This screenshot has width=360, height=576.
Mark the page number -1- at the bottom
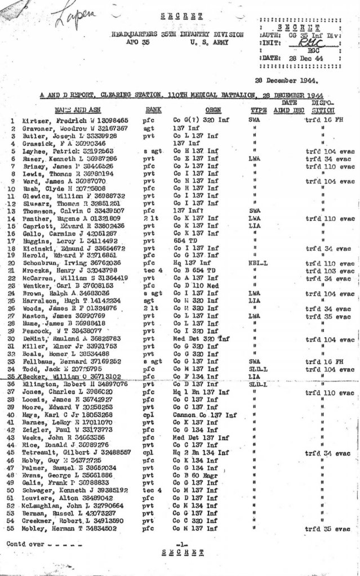pyautogui.click(x=181, y=544)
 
